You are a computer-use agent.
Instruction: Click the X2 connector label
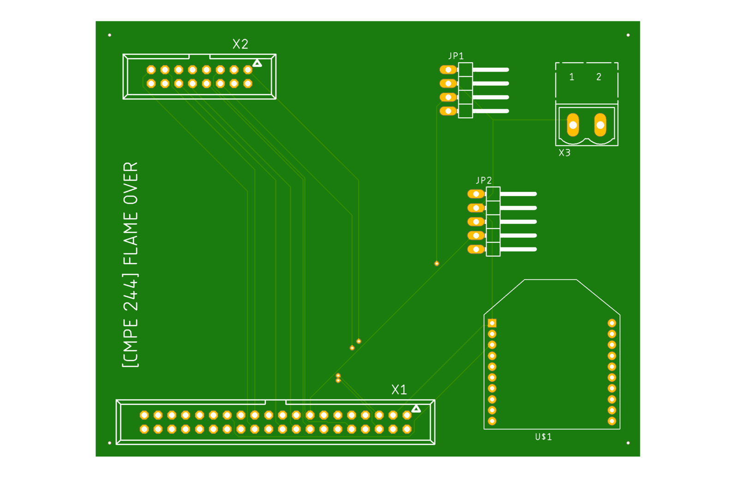(x=240, y=44)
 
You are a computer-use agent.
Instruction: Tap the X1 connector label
(x=399, y=390)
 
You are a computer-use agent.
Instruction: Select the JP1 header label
(x=456, y=56)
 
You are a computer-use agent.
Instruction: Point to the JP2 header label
(x=484, y=180)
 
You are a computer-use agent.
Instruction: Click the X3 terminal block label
(x=564, y=153)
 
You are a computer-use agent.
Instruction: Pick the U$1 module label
(x=543, y=437)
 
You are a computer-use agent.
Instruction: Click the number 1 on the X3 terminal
(x=572, y=77)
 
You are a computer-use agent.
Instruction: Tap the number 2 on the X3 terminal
(x=599, y=77)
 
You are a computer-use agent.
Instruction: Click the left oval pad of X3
(x=573, y=125)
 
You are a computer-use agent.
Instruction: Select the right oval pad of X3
(x=600, y=125)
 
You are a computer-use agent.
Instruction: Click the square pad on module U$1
(x=492, y=323)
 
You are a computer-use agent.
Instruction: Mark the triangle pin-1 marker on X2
(x=257, y=63)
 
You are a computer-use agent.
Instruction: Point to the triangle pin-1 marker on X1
(x=416, y=408)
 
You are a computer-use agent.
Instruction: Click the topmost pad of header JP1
(x=448, y=70)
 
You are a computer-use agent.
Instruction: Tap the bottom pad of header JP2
(x=476, y=249)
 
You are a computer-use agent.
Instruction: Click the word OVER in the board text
(x=131, y=183)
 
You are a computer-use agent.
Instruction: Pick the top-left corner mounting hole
(x=110, y=35)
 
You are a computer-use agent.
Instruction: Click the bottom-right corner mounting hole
(x=628, y=443)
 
